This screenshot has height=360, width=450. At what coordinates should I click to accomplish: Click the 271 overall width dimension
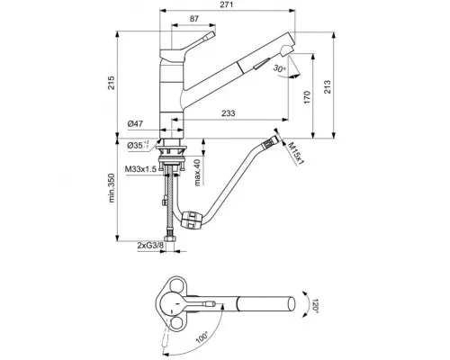(228, 4)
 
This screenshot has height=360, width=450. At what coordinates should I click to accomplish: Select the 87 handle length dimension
(194, 19)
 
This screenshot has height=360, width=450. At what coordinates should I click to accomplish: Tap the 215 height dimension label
(112, 83)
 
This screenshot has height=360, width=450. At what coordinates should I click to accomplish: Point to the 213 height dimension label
(328, 87)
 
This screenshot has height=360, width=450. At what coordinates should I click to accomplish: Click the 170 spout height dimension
(307, 97)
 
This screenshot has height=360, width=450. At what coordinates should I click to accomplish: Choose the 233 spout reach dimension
(229, 113)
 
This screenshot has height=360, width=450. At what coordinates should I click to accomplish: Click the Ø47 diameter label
(135, 123)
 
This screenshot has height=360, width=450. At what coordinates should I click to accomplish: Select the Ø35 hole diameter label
(139, 146)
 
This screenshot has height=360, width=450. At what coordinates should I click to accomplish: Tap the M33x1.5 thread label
(140, 169)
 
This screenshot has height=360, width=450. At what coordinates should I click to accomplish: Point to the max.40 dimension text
(197, 173)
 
